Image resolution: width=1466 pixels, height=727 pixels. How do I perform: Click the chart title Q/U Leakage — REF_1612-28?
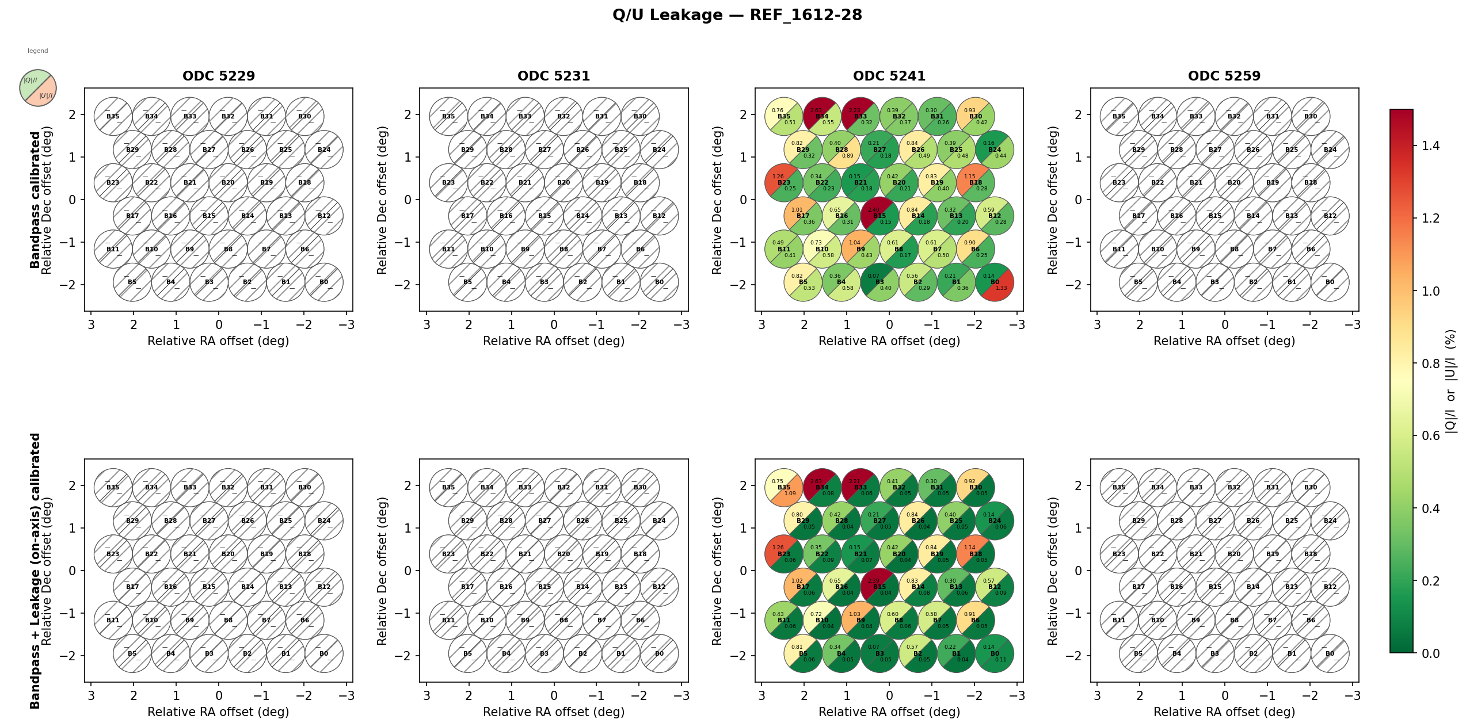point(737,15)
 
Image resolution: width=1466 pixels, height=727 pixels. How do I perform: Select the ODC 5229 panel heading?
point(219,76)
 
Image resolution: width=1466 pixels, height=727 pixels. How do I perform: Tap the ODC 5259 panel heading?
point(1224,76)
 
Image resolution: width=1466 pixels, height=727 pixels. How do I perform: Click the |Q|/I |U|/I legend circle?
point(38,88)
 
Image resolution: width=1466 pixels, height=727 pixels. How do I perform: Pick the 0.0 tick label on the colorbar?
point(1430,653)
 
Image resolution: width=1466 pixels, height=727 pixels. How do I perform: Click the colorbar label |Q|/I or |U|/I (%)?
point(1450,381)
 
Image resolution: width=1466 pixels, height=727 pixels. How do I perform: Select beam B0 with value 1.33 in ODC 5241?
point(995,282)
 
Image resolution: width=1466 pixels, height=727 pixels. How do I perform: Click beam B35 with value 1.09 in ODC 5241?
point(784,487)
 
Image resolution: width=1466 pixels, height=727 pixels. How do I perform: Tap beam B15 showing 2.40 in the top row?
point(879,216)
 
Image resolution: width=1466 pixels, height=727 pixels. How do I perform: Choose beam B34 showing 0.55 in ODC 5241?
point(822,116)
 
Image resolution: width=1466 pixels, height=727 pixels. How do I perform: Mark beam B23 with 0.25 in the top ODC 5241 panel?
point(784,183)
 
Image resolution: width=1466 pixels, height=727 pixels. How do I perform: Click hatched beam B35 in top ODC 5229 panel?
point(113,116)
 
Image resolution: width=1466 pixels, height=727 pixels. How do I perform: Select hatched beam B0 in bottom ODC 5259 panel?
point(1330,653)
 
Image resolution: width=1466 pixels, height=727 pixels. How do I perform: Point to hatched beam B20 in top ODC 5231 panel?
point(563,183)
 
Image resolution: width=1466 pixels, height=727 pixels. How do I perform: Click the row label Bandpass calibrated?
point(35,200)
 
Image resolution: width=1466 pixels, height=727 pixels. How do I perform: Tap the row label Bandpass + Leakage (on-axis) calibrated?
point(35,571)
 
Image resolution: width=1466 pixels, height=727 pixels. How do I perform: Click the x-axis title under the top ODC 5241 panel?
point(889,341)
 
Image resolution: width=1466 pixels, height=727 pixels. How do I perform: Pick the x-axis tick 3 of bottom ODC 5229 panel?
point(91,696)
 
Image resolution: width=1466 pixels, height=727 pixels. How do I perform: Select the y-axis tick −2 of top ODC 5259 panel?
point(1074,285)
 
